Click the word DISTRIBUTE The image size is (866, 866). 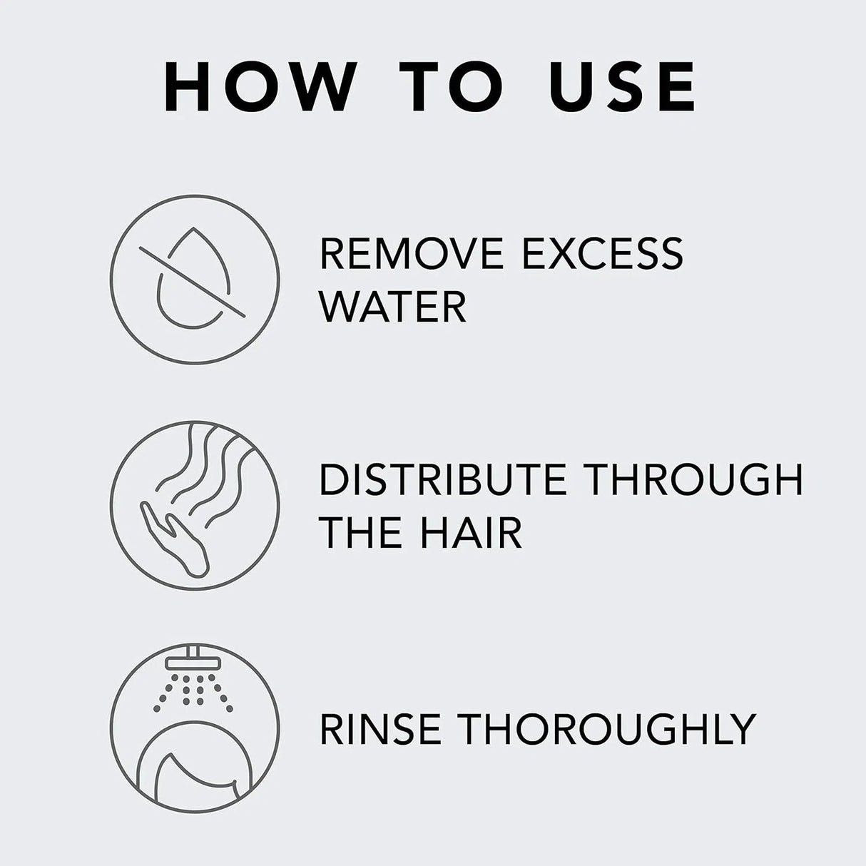coord(442,479)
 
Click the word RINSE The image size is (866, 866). coord(379,728)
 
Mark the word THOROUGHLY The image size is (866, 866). coord(606,728)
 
